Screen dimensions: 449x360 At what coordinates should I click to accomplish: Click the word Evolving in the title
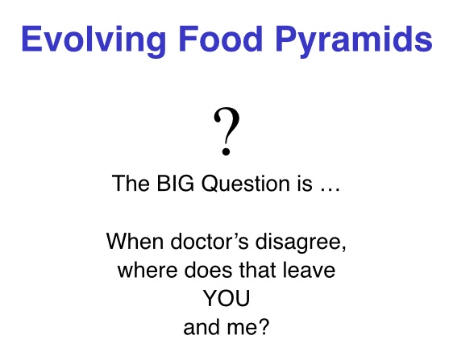pyautogui.click(x=94, y=39)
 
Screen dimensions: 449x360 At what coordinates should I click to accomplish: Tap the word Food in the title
pyautogui.click(x=221, y=39)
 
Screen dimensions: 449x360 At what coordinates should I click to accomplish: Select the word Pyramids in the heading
pyautogui.click(x=354, y=39)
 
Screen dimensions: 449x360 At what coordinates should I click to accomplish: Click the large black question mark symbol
pyautogui.click(x=227, y=131)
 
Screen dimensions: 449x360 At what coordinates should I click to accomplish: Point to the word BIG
pyautogui.click(x=175, y=183)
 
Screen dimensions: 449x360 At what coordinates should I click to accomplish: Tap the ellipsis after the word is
pyautogui.click(x=331, y=189)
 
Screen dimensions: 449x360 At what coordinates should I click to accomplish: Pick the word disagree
pyautogui.click(x=297, y=243)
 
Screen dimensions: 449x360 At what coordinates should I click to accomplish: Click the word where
pyautogui.click(x=148, y=270)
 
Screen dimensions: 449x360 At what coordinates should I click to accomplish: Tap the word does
pyautogui.click(x=208, y=270)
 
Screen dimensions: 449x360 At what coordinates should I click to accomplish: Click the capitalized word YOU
pyautogui.click(x=227, y=299)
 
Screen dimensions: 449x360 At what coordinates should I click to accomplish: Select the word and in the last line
pyautogui.click(x=202, y=327)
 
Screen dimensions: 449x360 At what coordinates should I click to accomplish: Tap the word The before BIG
pyautogui.click(x=131, y=183)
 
